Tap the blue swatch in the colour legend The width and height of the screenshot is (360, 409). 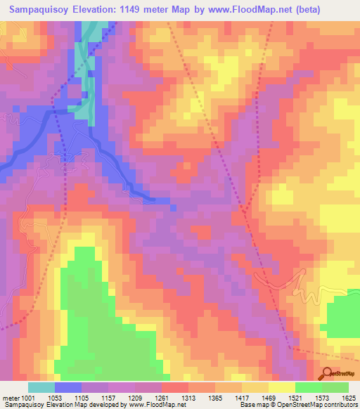tap(68, 387)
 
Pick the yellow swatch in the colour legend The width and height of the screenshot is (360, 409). tap(282, 387)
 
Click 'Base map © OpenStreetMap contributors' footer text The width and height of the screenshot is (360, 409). tap(297, 405)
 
